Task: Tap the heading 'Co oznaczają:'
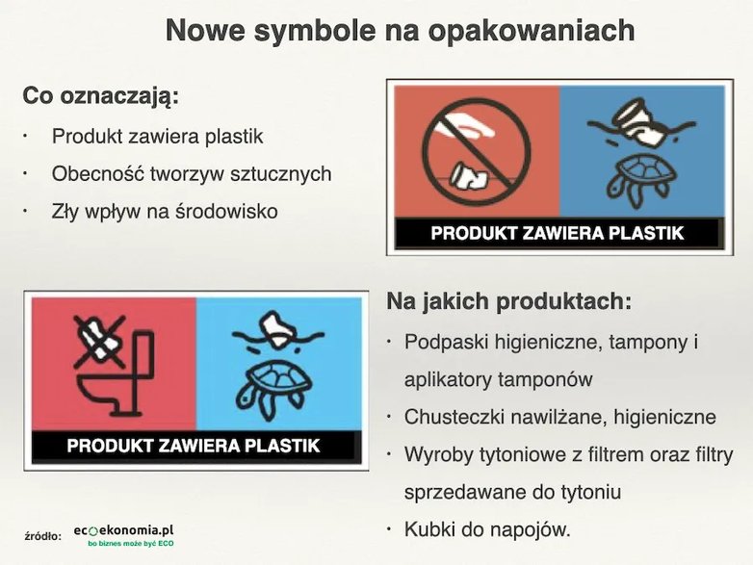click(x=101, y=96)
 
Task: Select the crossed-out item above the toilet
click(x=99, y=342)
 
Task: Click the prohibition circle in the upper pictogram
click(x=476, y=152)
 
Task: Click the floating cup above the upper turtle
click(x=641, y=122)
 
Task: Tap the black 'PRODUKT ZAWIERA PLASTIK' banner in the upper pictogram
click(x=557, y=233)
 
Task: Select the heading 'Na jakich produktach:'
click(x=508, y=301)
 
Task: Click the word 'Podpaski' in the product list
click(x=446, y=343)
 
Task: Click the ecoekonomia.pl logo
click(x=124, y=535)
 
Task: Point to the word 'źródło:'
click(x=43, y=536)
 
